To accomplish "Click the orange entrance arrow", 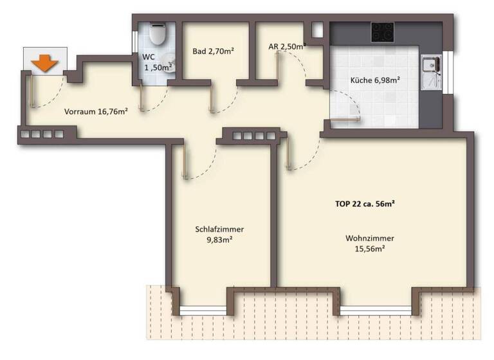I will tap(44, 63).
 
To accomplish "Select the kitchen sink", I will tap(429, 65).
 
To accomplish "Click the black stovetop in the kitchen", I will tap(382, 31).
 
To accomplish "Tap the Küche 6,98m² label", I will tap(376, 80).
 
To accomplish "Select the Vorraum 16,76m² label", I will tap(96, 111).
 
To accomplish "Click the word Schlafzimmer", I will tap(219, 229).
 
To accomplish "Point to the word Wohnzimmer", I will tap(369, 238).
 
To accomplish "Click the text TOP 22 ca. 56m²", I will tap(365, 204).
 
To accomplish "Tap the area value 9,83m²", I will tap(219, 240).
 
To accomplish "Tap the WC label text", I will tap(149, 57).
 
